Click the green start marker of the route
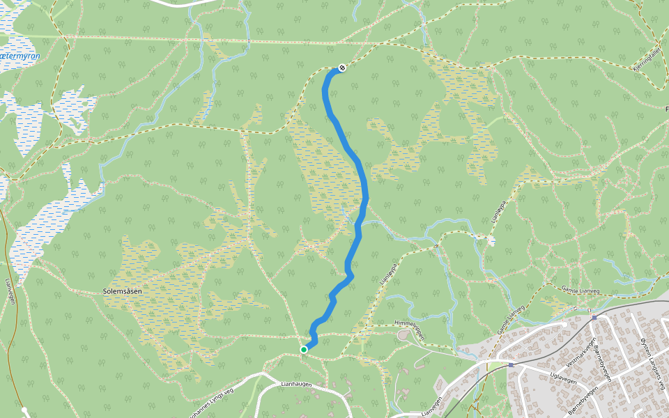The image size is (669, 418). tap(304, 349)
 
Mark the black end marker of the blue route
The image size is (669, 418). tap(342, 68)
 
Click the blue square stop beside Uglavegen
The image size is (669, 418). tap(511, 364)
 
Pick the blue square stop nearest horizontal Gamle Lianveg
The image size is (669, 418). tap(594, 317)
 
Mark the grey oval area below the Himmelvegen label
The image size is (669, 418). tap(403, 336)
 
